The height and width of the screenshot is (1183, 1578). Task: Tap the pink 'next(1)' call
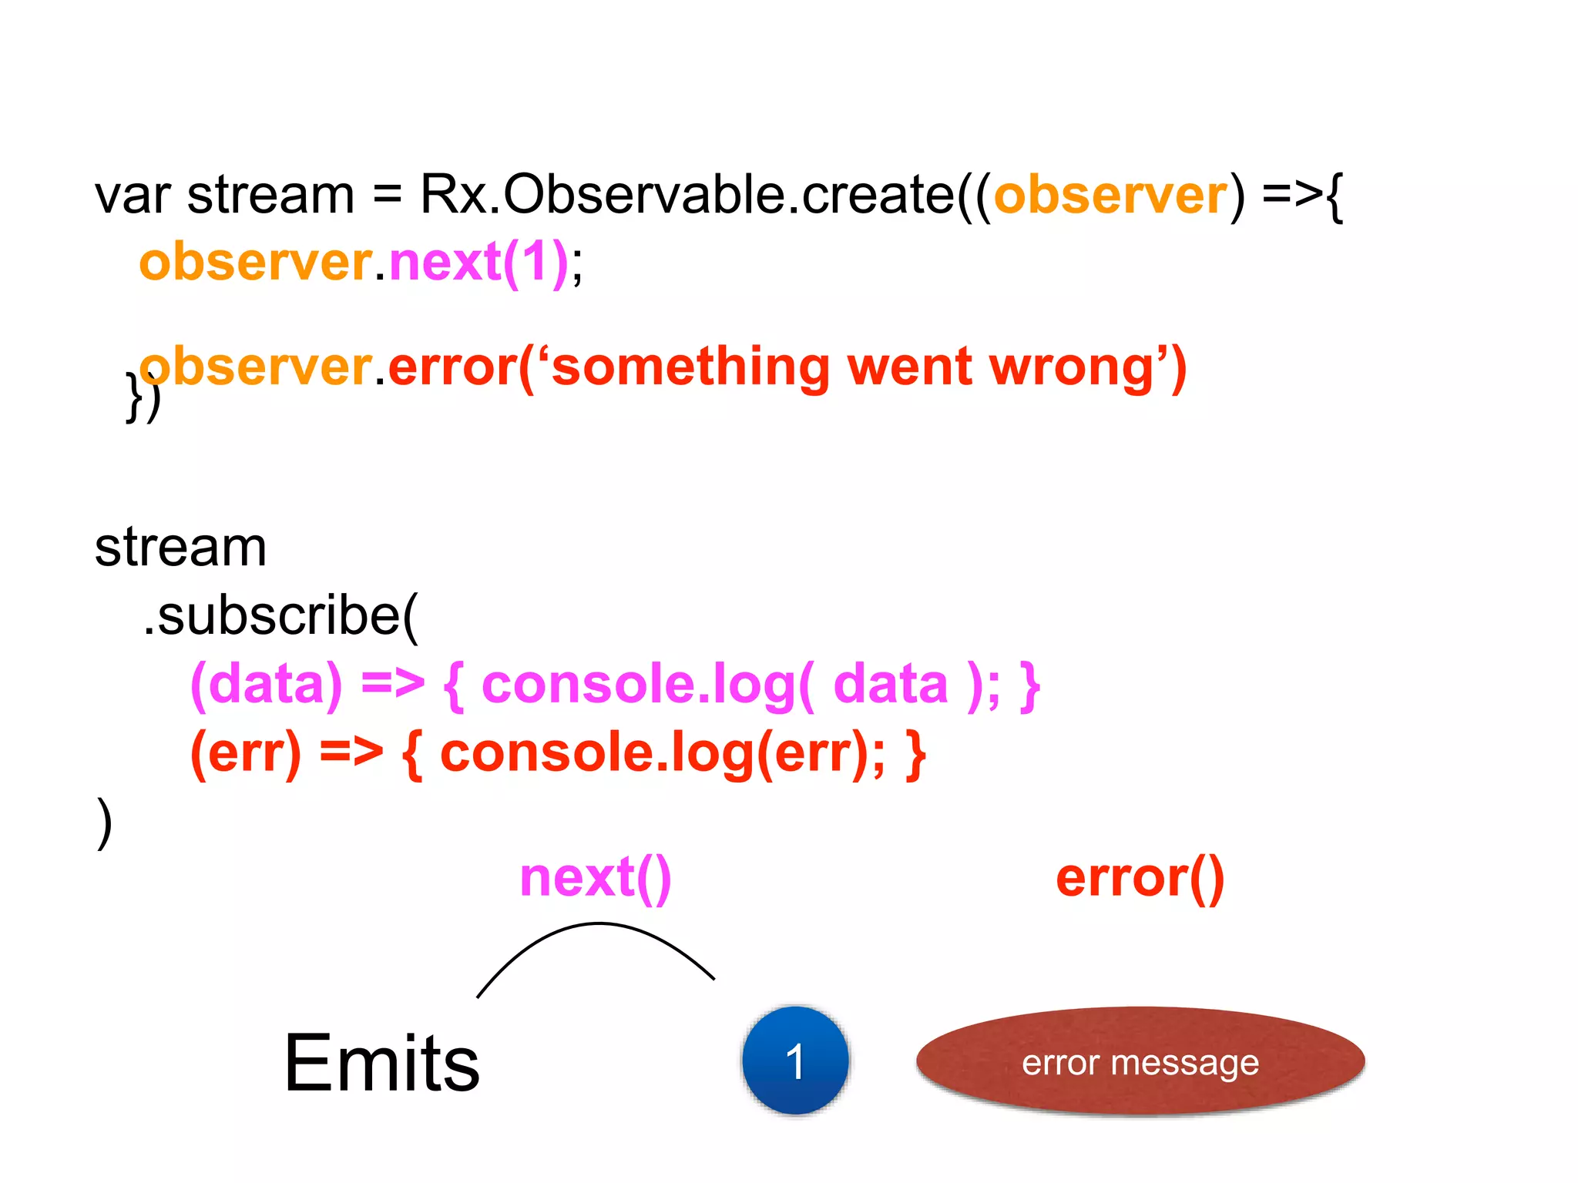coord(478,263)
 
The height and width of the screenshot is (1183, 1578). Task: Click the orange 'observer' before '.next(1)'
coord(255,263)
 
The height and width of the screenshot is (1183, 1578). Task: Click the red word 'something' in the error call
coord(690,367)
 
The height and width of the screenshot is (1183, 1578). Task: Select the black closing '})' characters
coord(143,397)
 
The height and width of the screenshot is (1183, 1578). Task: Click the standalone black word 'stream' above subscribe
coord(180,548)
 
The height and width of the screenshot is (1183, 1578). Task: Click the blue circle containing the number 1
coord(795,1061)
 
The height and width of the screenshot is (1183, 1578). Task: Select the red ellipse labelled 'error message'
coord(1140,1061)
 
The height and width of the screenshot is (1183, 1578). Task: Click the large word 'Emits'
coord(381,1064)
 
